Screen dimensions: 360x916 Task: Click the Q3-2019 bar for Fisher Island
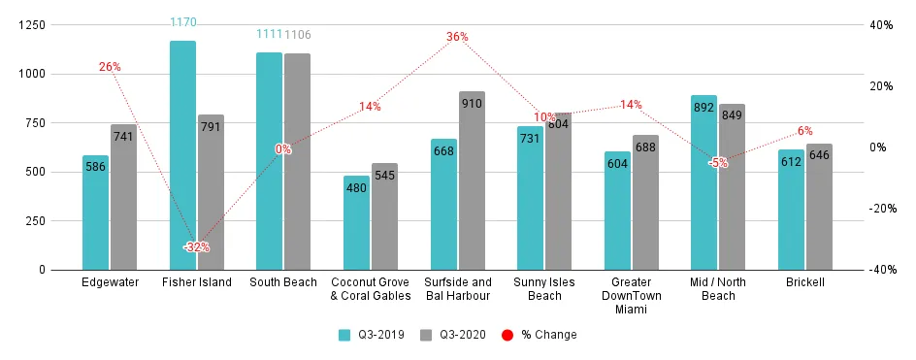pyautogui.click(x=182, y=155)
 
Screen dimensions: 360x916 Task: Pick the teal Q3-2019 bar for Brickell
pyautogui.click(x=791, y=210)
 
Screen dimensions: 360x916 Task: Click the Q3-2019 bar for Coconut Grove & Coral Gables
pyautogui.click(x=356, y=222)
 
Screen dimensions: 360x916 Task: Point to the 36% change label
pyautogui.click(x=457, y=37)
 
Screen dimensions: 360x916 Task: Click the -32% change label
pyautogui.click(x=196, y=247)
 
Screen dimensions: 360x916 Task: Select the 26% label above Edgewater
pyautogui.click(x=110, y=67)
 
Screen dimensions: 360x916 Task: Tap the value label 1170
pyautogui.click(x=182, y=21)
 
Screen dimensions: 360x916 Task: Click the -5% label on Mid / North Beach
pyautogui.click(x=718, y=163)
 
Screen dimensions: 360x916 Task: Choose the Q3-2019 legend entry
pyautogui.click(x=370, y=335)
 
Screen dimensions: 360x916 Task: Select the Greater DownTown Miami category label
pyautogui.click(x=631, y=296)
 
